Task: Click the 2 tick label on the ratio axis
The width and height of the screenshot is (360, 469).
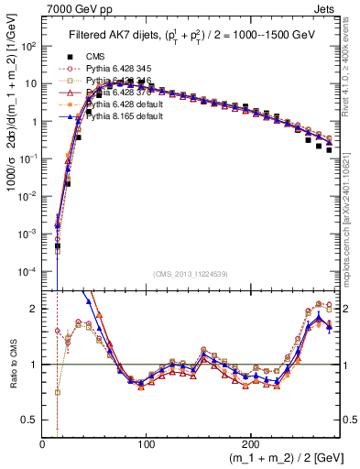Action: (35, 309)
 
